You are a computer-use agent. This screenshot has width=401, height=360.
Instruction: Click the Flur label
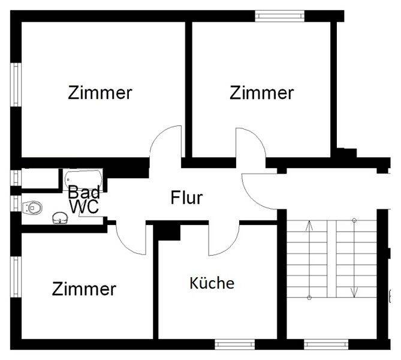click(x=186, y=197)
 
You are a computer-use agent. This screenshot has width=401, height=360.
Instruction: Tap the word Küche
click(x=212, y=283)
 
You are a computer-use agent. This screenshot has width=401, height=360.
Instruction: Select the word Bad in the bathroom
click(x=84, y=192)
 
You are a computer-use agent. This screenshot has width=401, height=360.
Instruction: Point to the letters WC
click(x=84, y=206)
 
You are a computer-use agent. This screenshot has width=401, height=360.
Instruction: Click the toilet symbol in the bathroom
click(x=32, y=208)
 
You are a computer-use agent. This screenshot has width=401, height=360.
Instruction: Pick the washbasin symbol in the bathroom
click(x=60, y=218)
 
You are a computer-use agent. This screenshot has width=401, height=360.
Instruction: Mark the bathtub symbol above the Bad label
click(x=83, y=179)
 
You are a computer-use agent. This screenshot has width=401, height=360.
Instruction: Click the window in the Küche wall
click(x=235, y=344)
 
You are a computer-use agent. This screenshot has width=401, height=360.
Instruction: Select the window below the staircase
click(x=326, y=344)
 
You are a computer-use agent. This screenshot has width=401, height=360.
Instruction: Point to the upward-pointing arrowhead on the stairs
click(x=309, y=226)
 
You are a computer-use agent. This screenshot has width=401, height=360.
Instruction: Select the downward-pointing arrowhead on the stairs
click(x=354, y=292)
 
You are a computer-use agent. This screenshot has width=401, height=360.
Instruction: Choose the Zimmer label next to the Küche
click(x=84, y=289)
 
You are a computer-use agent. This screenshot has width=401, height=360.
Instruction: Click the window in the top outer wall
click(x=280, y=16)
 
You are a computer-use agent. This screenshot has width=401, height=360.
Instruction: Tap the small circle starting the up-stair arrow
click(x=309, y=298)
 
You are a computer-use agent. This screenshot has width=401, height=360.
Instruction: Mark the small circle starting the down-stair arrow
click(x=354, y=220)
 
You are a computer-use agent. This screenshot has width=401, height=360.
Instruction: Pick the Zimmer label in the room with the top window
click(x=261, y=92)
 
